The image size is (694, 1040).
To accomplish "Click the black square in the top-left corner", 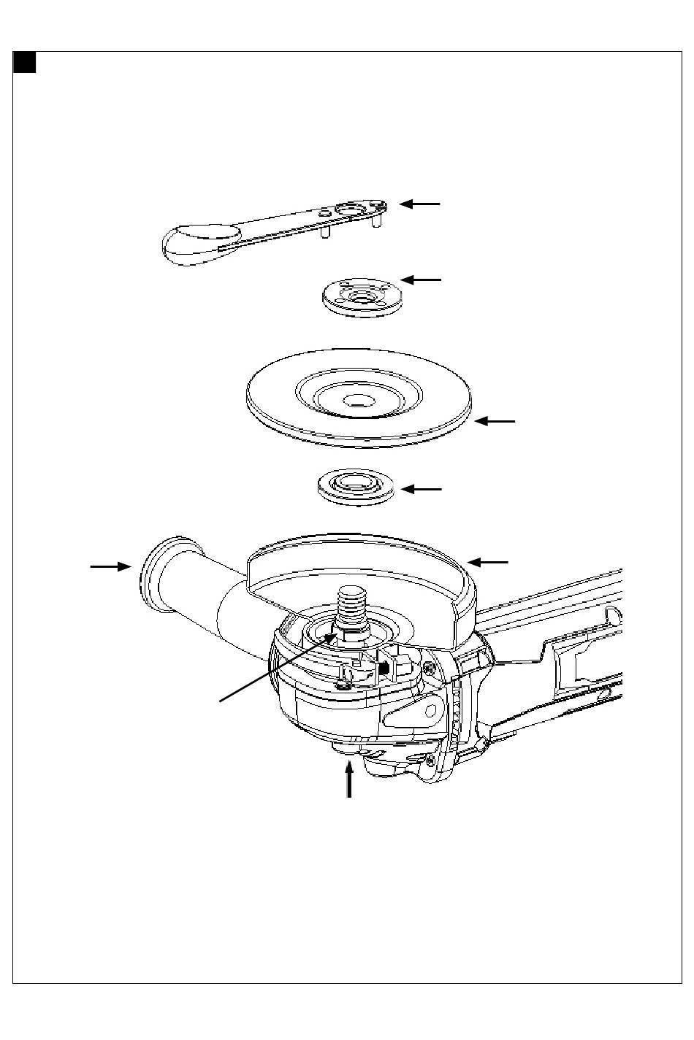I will [x=25, y=63].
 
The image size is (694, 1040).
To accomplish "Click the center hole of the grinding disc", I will [x=358, y=400].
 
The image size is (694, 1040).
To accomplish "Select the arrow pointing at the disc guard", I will [x=488, y=562].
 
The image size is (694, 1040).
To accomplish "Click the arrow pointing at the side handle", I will [x=110, y=566].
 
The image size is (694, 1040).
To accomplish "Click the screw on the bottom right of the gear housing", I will [x=430, y=762].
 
